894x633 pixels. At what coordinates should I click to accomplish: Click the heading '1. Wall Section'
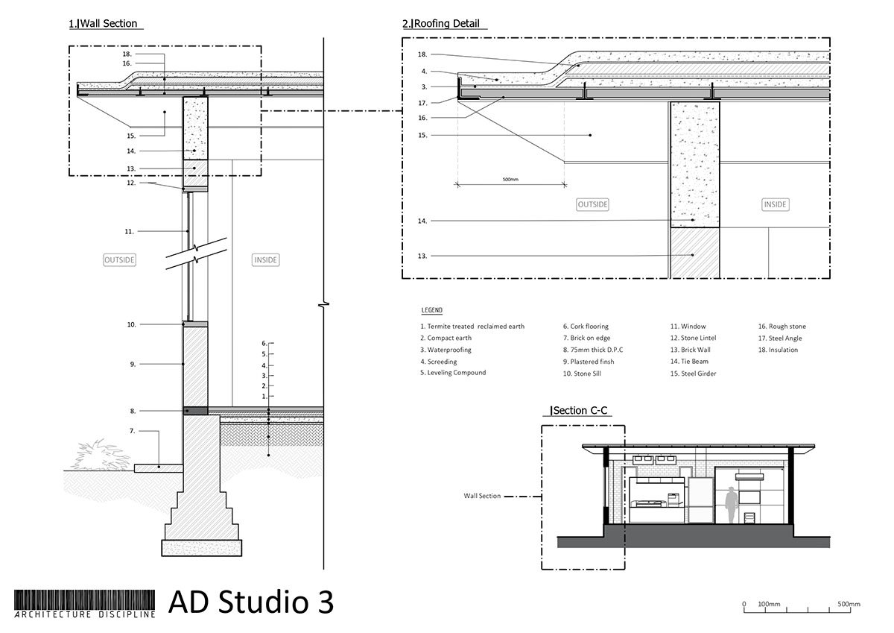coord(104,24)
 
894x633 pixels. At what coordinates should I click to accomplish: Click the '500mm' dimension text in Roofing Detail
coord(511,179)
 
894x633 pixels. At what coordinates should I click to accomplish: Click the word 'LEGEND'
coord(432,309)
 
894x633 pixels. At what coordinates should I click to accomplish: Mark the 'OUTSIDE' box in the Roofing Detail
coord(593,204)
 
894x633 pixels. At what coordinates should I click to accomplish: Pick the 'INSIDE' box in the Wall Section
coord(265,260)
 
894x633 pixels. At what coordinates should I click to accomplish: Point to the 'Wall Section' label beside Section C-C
coord(482,495)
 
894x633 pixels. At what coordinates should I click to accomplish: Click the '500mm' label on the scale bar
coord(849,604)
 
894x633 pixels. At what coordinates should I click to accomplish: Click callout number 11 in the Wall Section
coord(129,232)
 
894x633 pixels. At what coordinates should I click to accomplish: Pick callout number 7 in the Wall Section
coord(132,431)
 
